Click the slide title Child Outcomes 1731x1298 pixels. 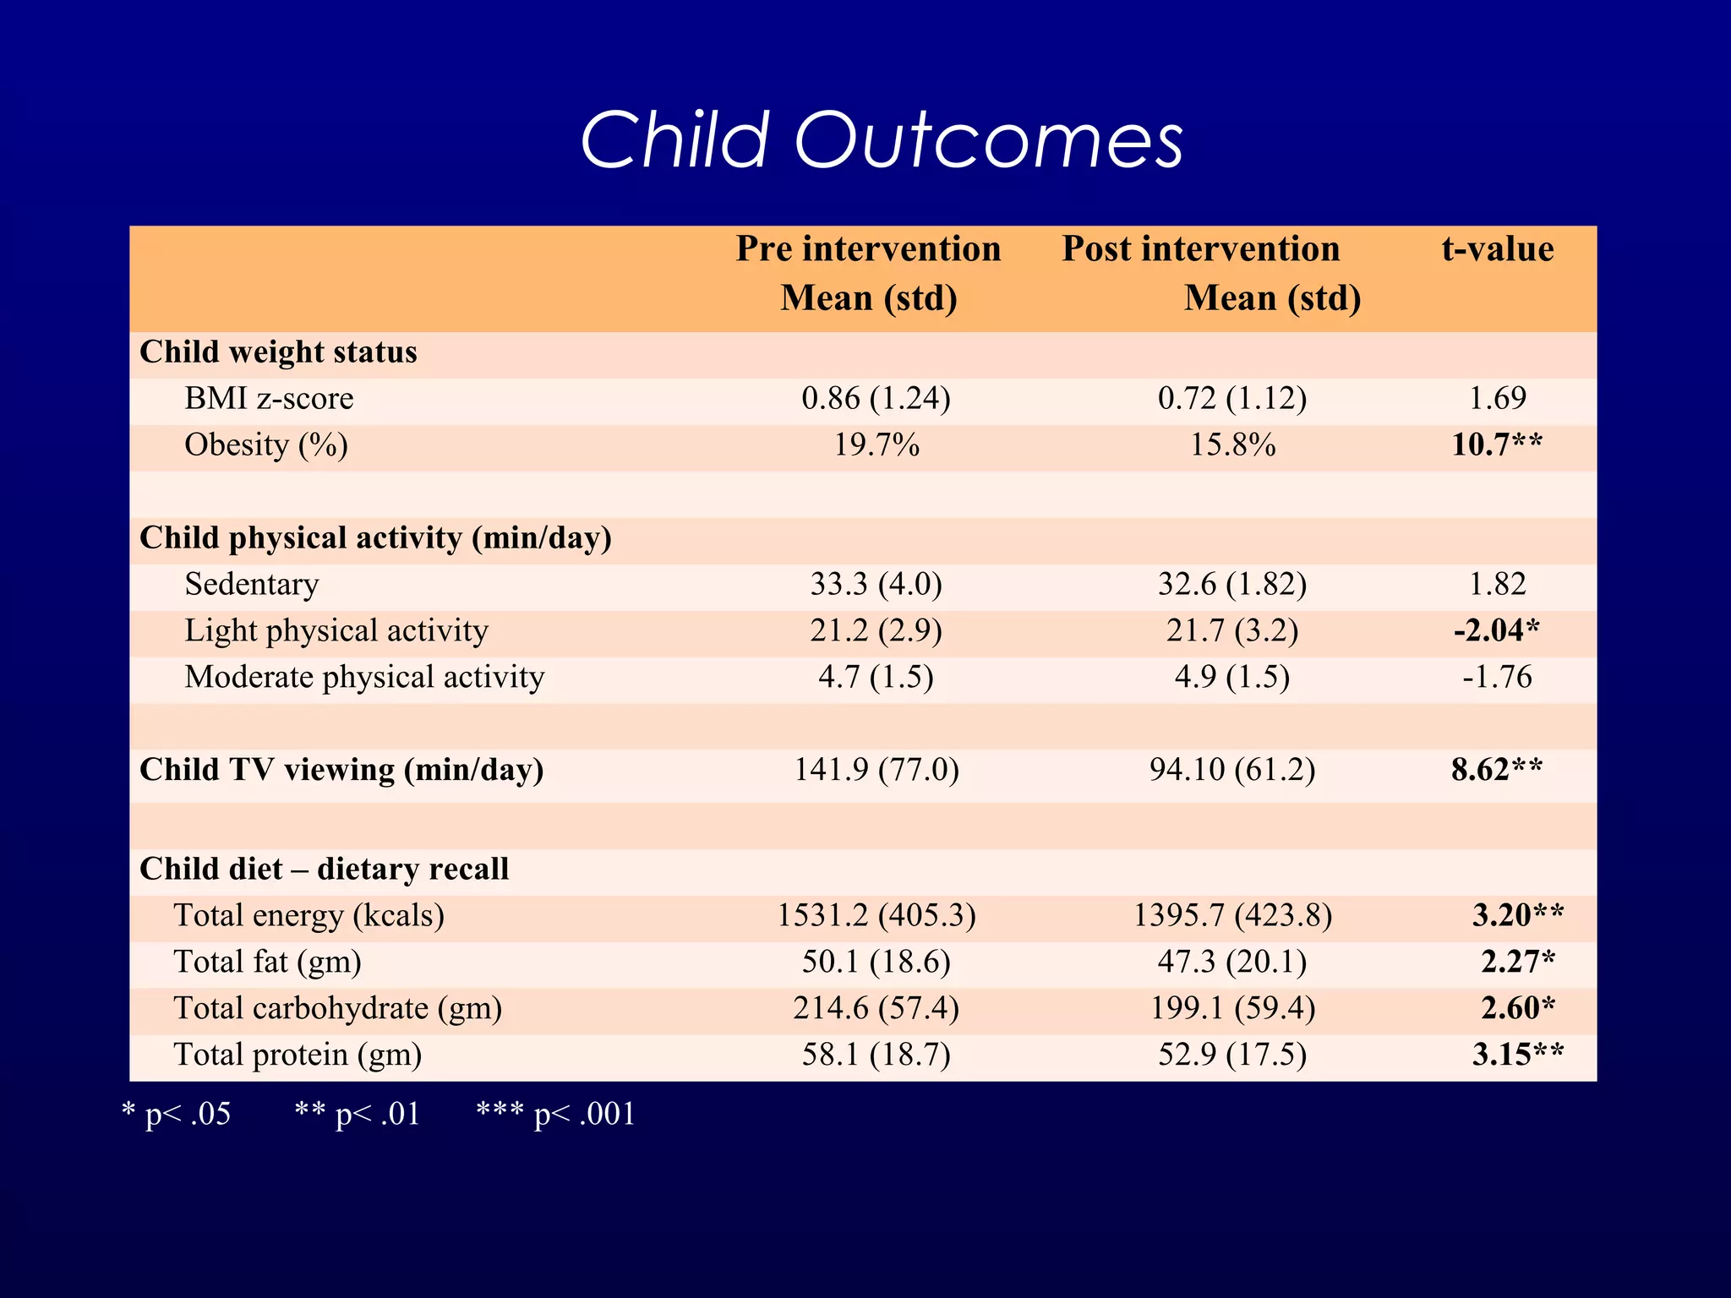882,140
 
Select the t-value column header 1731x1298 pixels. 1497,249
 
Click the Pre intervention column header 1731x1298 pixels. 868,272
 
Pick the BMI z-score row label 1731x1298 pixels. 269,398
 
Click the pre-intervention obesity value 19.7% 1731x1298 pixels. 876,444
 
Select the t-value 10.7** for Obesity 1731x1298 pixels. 1497,444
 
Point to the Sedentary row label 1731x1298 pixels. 252,584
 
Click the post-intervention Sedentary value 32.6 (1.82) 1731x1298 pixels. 1232,584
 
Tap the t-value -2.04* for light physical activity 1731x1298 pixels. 1497,630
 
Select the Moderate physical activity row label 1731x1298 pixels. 364,677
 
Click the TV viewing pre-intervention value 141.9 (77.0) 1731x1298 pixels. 876,770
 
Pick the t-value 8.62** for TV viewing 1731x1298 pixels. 1497,770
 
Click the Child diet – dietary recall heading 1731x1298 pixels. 324,869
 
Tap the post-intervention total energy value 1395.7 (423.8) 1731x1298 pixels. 1232,915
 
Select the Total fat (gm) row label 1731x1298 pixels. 267,962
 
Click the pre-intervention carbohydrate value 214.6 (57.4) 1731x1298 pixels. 876,1008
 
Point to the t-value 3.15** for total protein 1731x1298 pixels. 1518,1055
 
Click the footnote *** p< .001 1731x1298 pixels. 555,1114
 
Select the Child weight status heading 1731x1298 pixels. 278,352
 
